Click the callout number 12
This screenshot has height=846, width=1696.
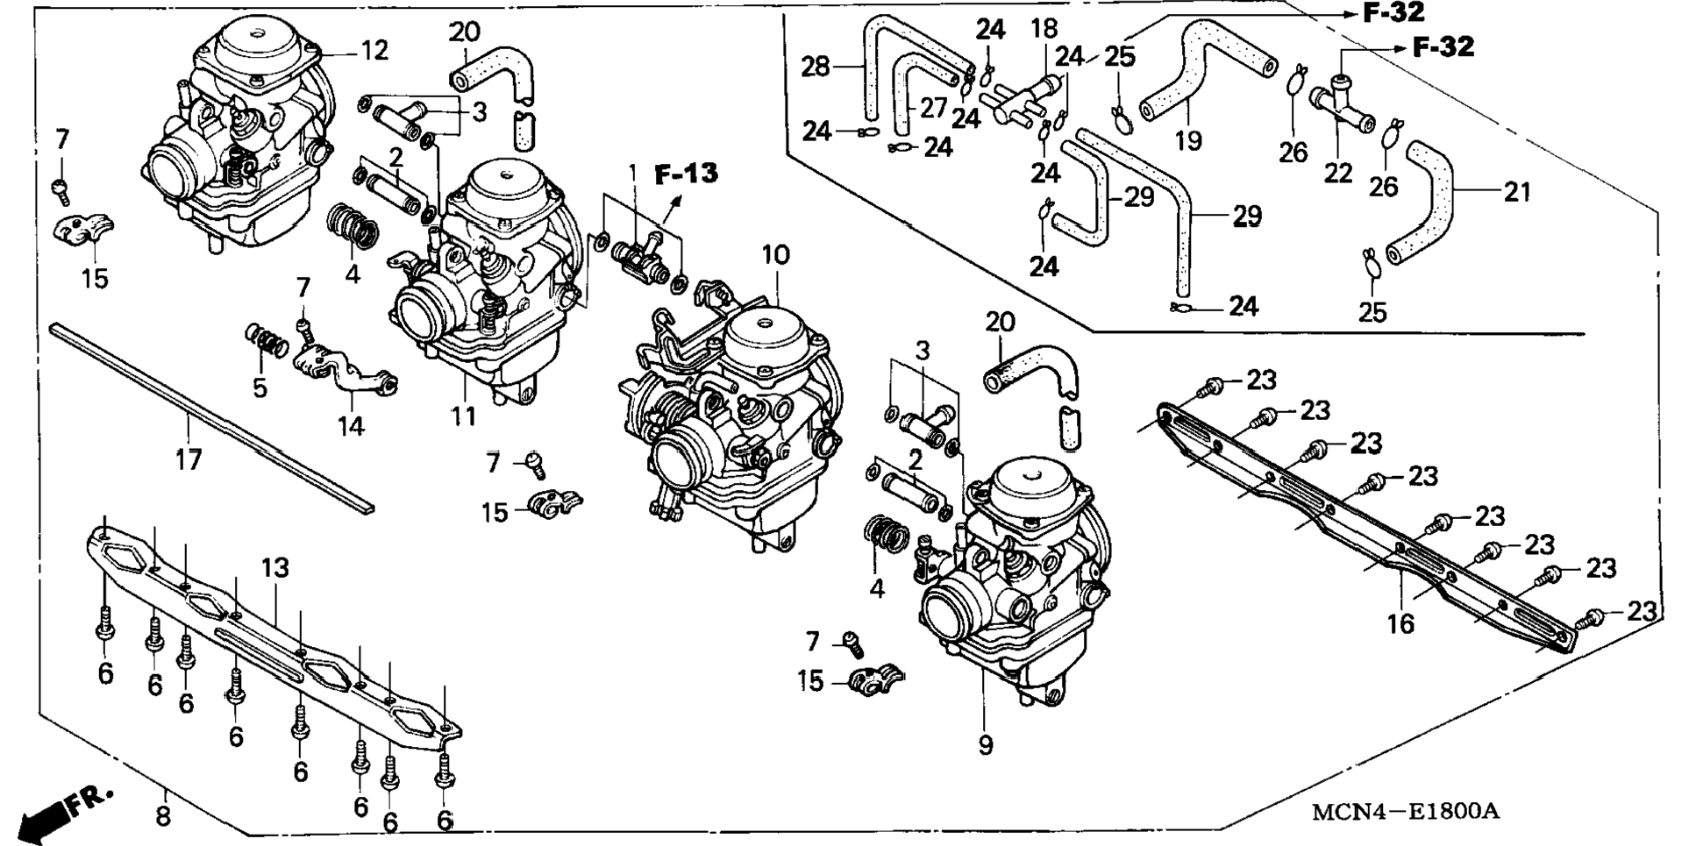pyautogui.click(x=374, y=51)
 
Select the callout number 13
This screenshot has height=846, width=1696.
pyautogui.click(x=274, y=567)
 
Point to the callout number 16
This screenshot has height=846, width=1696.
pyautogui.click(x=1400, y=623)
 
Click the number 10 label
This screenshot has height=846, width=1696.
pyautogui.click(x=775, y=255)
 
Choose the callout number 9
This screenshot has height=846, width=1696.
pyautogui.click(x=986, y=745)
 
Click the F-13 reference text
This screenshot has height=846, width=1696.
pyautogui.click(x=686, y=174)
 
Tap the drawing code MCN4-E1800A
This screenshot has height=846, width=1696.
pyautogui.click(x=1405, y=811)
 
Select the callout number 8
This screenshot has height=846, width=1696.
pyautogui.click(x=163, y=817)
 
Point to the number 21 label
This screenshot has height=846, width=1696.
pyautogui.click(x=1517, y=191)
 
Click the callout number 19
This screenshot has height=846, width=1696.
pyautogui.click(x=1188, y=139)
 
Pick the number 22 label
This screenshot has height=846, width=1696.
pyautogui.click(x=1337, y=173)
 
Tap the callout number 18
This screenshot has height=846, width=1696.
pyautogui.click(x=1044, y=29)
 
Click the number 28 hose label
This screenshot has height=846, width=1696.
pyautogui.click(x=816, y=66)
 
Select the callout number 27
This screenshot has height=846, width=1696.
pyautogui.click(x=933, y=107)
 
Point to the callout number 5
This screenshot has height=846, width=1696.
pyautogui.click(x=260, y=387)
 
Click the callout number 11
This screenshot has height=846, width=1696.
pyautogui.click(x=464, y=415)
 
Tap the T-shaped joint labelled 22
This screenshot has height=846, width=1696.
pyautogui.click(x=1343, y=110)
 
